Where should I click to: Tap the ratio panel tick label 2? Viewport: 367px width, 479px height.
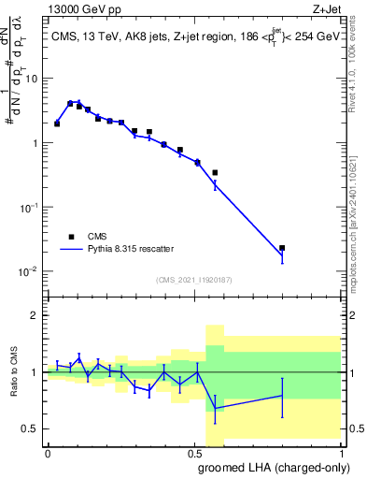click(x=36, y=315)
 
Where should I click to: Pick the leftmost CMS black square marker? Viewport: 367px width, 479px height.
click(x=57, y=123)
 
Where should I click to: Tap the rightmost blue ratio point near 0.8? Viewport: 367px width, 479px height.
click(x=282, y=395)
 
